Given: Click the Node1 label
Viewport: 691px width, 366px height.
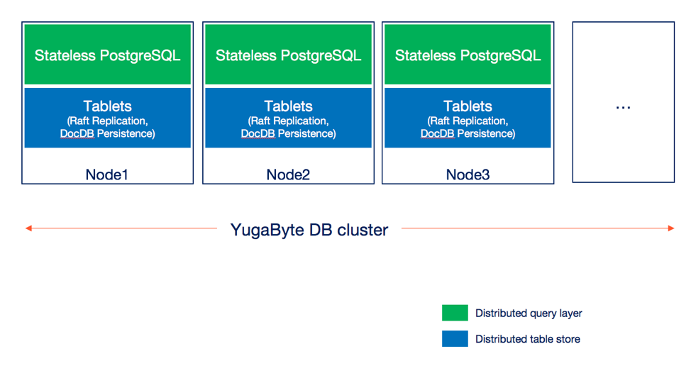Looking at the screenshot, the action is coord(106,175).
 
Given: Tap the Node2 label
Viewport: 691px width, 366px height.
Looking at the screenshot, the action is coord(288,175).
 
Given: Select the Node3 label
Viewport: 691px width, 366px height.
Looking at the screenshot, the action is coord(468,175).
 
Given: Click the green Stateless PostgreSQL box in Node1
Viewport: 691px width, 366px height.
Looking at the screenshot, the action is coord(108,54).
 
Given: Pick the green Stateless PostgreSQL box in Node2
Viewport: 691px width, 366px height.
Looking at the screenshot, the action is coord(288,54).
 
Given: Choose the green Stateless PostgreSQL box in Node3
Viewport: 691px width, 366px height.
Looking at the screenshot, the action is coord(468,54).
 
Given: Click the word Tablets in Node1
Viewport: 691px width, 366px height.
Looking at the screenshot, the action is coord(108,106).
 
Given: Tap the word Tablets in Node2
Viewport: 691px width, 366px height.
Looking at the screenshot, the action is coord(288,106).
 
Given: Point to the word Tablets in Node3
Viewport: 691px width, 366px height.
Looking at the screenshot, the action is coord(468,106).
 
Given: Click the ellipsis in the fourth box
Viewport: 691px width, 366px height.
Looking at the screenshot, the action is coord(623,108).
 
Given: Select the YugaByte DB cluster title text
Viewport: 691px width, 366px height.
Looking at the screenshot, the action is coord(309,230).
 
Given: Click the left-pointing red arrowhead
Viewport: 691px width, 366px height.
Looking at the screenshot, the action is coord(28,228).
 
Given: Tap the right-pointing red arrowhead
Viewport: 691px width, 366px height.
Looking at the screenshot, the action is coord(671,228).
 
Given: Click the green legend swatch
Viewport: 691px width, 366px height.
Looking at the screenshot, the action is coord(455,313).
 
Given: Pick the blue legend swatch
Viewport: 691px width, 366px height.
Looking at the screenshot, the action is coord(455,339).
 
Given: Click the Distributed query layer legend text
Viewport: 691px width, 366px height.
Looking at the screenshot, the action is coord(529,313).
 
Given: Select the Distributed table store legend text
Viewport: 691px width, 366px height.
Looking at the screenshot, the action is coord(528,339).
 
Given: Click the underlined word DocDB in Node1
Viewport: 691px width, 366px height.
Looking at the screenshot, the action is coord(77,133).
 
